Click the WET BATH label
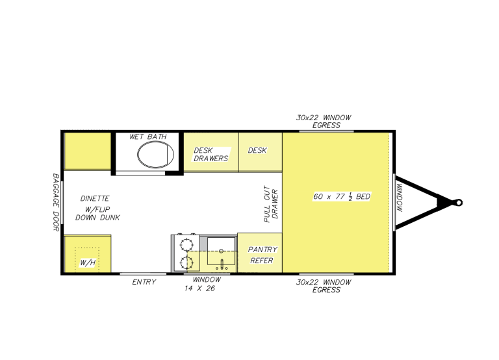(x=147, y=136)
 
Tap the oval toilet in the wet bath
(x=155, y=155)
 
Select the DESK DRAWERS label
(x=211, y=154)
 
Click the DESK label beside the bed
(x=257, y=150)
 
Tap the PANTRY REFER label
(x=262, y=255)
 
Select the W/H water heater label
(x=86, y=263)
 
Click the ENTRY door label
(x=144, y=282)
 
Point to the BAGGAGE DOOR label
(x=56, y=202)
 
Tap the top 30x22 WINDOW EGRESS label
(x=324, y=122)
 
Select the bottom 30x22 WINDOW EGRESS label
(x=324, y=286)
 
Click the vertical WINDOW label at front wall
(x=400, y=198)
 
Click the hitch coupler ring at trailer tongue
(x=459, y=203)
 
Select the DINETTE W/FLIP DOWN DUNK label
(x=98, y=208)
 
